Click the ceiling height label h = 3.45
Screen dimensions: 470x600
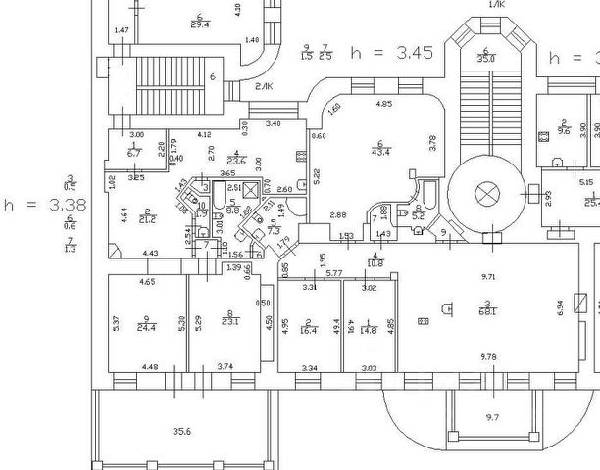(x=391, y=53)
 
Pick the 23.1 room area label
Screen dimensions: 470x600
(x=230, y=322)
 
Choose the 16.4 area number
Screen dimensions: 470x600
(x=308, y=330)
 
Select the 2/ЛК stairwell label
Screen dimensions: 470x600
(x=264, y=88)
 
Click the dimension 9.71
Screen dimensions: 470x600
(x=489, y=278)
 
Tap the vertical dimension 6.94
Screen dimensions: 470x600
(x=561, y=306)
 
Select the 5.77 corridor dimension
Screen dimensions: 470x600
(x=333, y=272)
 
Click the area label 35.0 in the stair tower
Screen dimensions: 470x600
(x=485, y=57)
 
